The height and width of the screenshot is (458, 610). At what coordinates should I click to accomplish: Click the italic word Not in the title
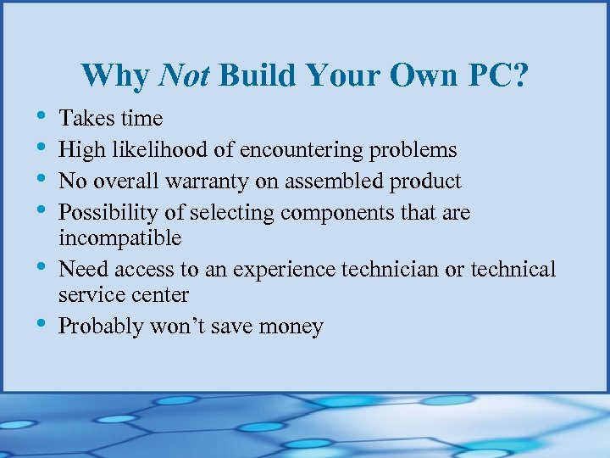184,76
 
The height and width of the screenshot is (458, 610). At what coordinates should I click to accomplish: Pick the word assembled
345,182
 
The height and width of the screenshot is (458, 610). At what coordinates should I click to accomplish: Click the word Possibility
112,213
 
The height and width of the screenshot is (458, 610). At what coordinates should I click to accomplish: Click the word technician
385,270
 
